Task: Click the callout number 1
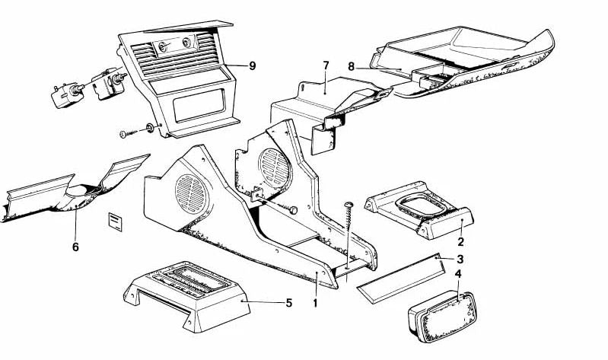315,303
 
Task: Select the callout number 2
460,242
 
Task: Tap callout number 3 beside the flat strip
460,259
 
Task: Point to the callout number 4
458,274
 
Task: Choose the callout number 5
289,303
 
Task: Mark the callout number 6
75,247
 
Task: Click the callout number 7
326,65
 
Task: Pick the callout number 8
352,67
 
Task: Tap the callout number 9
253,66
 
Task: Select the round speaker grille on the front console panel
192,193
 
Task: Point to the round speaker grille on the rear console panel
275,167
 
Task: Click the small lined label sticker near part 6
115,221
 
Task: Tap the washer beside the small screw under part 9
150,128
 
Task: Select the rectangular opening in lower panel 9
199,105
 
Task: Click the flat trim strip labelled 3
400,279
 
